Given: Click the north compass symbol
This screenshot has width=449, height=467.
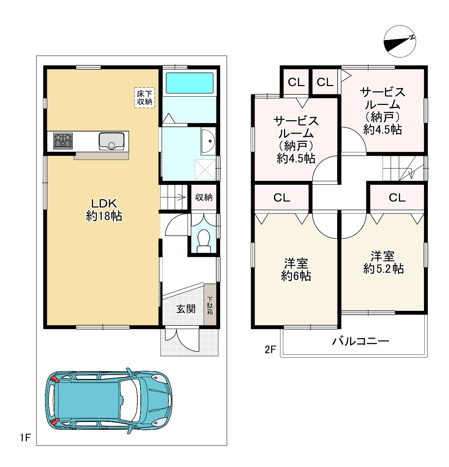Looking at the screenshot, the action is [x=400, y=41].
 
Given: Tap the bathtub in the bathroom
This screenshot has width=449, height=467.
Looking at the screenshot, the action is [x=190, y=83].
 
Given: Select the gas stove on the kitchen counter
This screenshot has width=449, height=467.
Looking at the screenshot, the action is [x=63, y=141].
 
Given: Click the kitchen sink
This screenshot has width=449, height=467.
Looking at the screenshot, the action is [x=111, y=141].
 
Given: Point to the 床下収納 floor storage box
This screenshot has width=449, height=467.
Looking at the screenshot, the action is [x=144, y=97].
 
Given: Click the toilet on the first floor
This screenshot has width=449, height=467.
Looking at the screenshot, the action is [x=204, y=241].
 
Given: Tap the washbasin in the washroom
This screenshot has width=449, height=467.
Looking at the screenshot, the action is [x=208, y=141].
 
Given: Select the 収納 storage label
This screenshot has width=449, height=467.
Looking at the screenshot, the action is [x=204, y=197].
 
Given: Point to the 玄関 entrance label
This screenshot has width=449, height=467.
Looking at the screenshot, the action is [x=186, y=309].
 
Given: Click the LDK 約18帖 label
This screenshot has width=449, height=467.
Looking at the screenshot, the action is [x=104, y=210].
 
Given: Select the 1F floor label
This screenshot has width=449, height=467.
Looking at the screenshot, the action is [x=25, y=438].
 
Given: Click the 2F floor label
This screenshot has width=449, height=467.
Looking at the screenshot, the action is [x=271, y=349].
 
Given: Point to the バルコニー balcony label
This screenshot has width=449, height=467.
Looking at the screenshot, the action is [x=361, y=341].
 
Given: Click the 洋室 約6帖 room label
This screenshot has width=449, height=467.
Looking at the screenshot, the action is [x=296, y=270].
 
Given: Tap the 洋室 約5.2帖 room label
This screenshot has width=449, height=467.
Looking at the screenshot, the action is [x=383, y=262].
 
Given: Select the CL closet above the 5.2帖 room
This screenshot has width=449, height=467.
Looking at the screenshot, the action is [x=397, y=197].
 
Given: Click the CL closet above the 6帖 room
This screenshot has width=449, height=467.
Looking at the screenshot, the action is [x=282, y=197].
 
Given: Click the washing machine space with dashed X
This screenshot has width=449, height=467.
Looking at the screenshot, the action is [x=205, y=170].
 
